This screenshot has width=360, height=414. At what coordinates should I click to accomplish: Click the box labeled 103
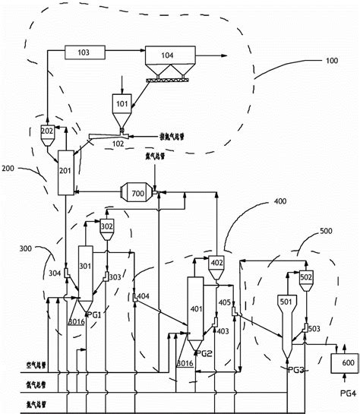click(84, 52)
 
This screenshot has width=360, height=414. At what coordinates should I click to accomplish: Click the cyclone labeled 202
click(47, 132)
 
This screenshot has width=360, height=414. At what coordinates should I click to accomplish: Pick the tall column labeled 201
click(65, 171)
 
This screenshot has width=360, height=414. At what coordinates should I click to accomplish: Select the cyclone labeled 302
click(107, 227)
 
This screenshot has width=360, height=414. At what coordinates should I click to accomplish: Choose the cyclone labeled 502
click(307, 280)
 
